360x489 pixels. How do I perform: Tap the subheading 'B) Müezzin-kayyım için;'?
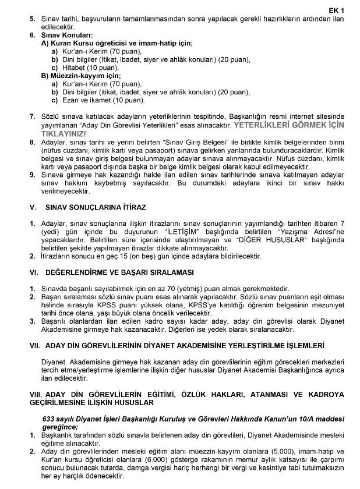click(x=81, y=76)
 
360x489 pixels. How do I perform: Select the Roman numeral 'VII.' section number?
click(x=34, y=345)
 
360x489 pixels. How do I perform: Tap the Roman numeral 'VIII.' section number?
click(x=36, y=395)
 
